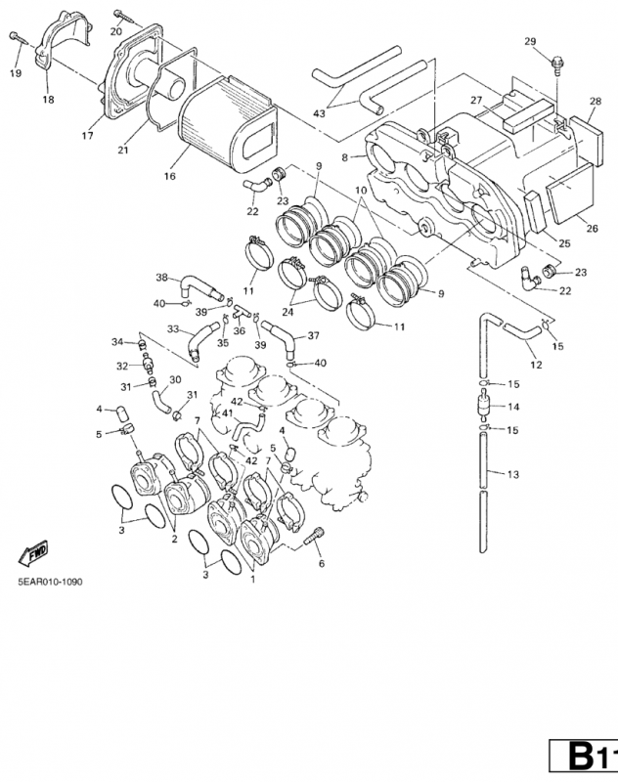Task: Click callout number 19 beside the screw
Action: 16,73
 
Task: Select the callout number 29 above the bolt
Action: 530,41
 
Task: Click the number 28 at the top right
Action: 595,102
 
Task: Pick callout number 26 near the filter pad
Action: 592,229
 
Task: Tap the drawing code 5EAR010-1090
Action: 49,581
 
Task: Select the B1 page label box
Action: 585,758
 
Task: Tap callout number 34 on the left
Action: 117,342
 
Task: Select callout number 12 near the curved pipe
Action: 535,365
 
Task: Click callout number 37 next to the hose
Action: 314,335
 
